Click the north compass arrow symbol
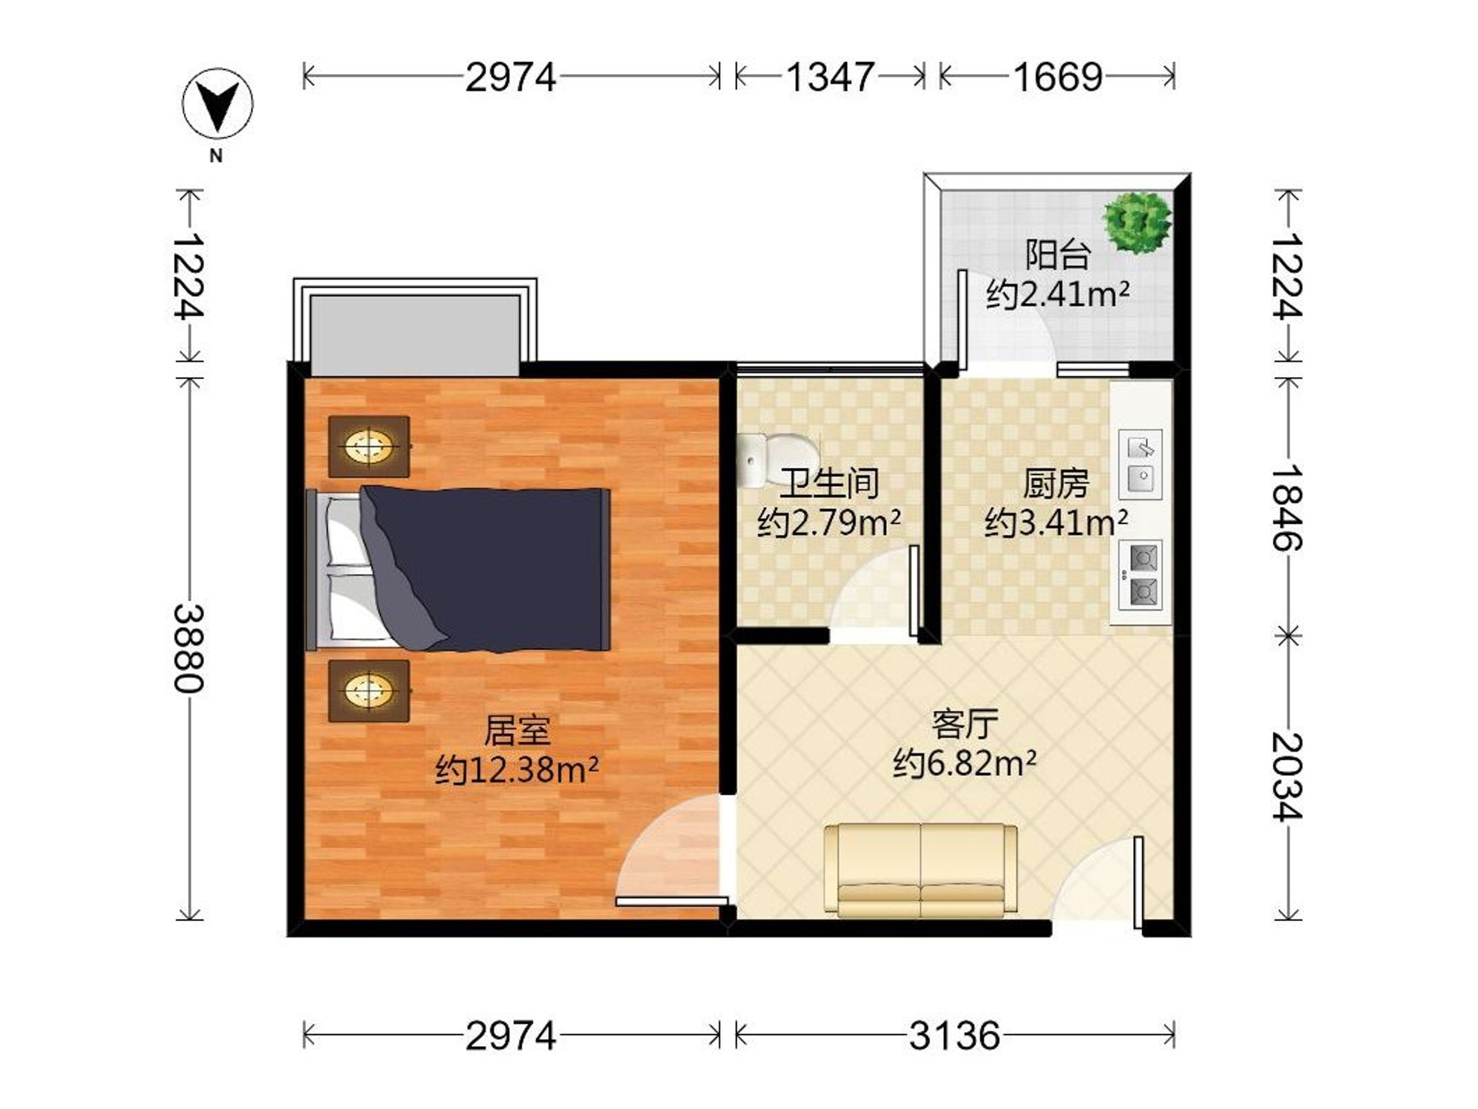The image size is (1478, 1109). (x=218, y=104)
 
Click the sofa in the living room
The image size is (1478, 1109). (x=921, y=871)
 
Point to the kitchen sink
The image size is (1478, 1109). (x=1141, y=464)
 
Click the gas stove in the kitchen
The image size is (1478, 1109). (x=1141, y=575)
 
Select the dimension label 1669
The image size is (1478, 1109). (x=1058, y=77)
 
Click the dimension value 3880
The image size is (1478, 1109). (x=190, y=648)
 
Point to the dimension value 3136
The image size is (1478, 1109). (x=954, y=1036)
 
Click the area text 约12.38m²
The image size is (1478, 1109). (x=517, y=770)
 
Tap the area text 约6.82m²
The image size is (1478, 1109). (x=965, y=763)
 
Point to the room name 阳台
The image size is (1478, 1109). (x=1058, y=254)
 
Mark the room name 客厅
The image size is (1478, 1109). (x=965, y=724)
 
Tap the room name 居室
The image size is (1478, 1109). (x=517, y=731)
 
